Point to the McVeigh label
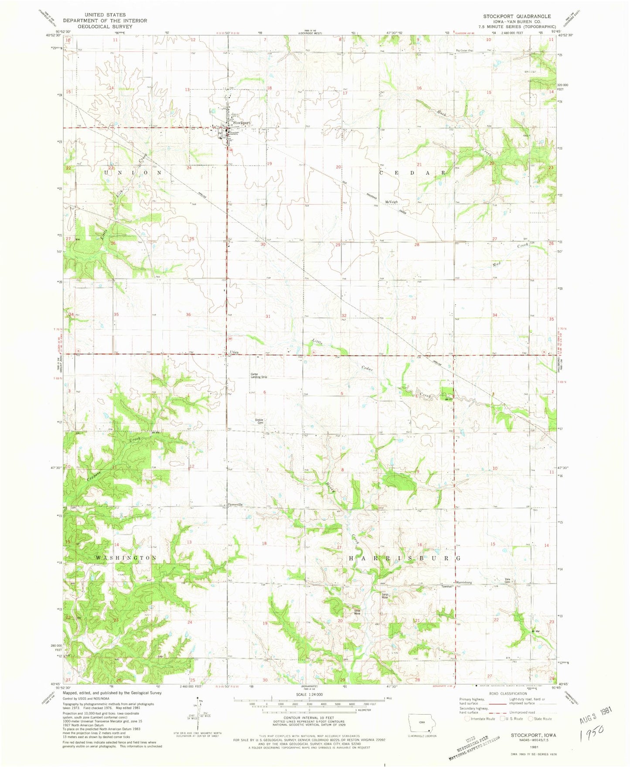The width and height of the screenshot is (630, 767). coord(391,202)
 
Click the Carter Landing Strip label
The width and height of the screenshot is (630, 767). coord(259,375)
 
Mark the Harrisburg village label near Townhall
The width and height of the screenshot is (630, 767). coord(463,583)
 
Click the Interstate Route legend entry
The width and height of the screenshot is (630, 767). coord(481,719)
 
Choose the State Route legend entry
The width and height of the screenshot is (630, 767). coord(540,719)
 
